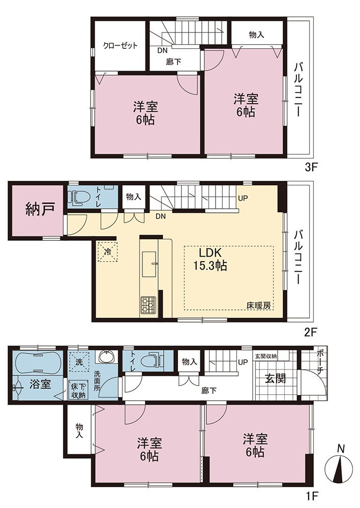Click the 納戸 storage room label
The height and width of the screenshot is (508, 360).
coord(40,210)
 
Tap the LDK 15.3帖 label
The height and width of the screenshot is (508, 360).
coord(210,259)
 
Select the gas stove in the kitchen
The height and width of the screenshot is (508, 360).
coord(148,305)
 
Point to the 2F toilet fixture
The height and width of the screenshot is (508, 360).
coord(77,197)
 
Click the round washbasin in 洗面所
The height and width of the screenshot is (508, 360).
coord(106,357)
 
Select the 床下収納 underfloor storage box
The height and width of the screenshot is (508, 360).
coord(79,390)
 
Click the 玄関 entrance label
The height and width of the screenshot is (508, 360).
coord(276,378)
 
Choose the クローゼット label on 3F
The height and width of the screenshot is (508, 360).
coord(121,45)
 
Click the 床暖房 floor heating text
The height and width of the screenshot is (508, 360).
coord(258,305)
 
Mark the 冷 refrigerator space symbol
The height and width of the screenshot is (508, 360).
coord(107,251)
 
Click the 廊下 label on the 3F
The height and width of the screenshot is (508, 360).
coord(173,61)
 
